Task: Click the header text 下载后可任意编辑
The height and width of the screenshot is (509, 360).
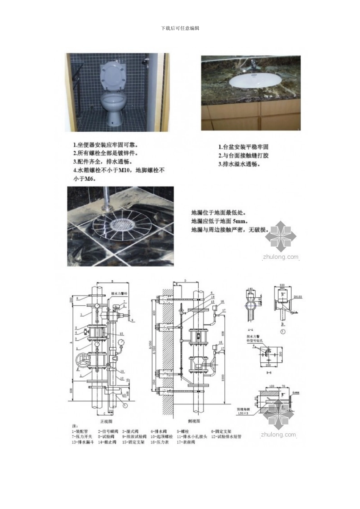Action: click(180, 28)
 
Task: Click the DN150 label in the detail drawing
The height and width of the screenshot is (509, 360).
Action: click(296, 297)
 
